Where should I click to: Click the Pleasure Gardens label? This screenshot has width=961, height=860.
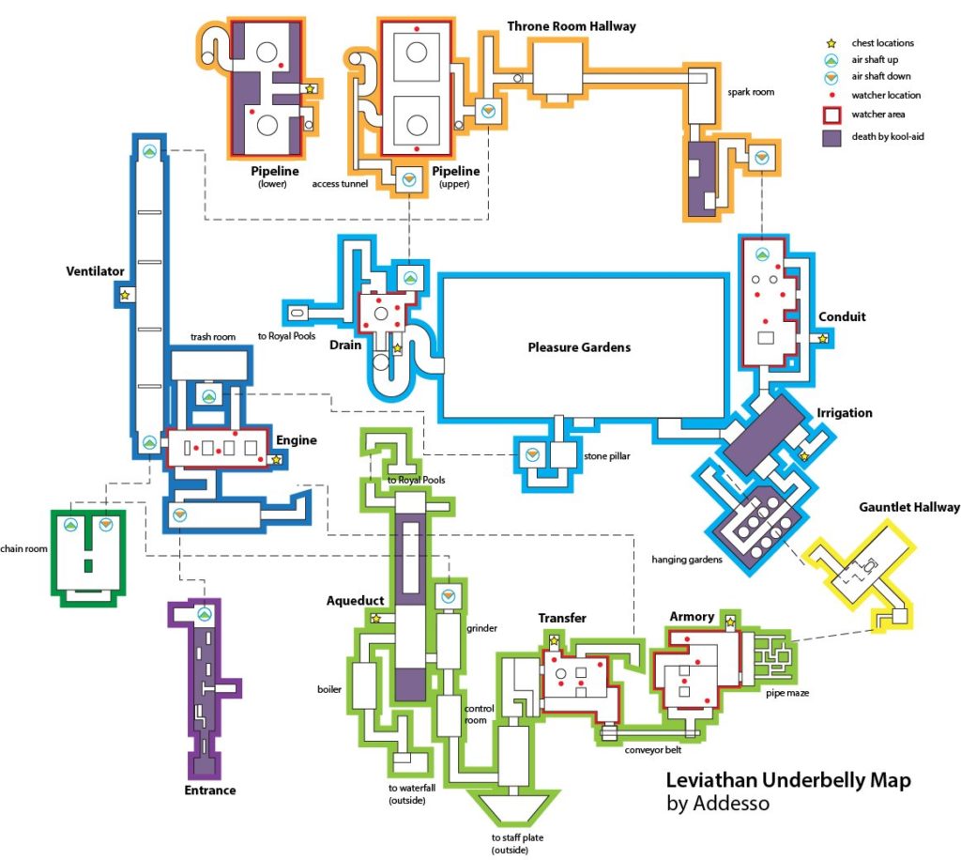[x=578, y=347]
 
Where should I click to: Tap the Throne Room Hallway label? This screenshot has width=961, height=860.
[x=572, y=26]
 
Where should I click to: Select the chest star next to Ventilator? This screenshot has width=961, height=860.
[x=124, y=295]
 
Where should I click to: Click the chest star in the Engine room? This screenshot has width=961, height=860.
[x=276, y=460]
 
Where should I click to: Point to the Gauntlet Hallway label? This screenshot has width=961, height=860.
[x=908, y=508]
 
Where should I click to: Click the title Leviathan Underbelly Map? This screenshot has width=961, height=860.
[x=787, y=781]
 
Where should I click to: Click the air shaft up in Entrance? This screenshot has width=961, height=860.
[x=205, y=614]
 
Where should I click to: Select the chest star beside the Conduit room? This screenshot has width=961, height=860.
[x=822, y=339]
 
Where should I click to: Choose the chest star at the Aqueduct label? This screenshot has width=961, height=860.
[x=375, y=618]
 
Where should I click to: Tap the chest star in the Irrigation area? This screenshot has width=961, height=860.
[x=803, y=456]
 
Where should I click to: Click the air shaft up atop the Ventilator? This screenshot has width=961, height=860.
[x=148, y=151]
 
